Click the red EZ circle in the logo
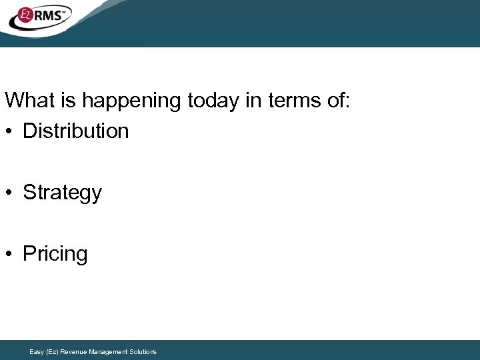tap(25, 14)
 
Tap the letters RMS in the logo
tap(51, 15)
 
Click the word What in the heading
tap(30, 101)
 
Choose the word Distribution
tap(75, 131)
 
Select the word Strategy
tap(62, 193)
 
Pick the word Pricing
tap(55, 254)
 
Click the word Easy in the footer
tap(37, 351)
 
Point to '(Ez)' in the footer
tap(52, 351)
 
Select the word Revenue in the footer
tap(73, 351)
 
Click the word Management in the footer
tap(109, 351)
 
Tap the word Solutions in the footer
tap(144, 351)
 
